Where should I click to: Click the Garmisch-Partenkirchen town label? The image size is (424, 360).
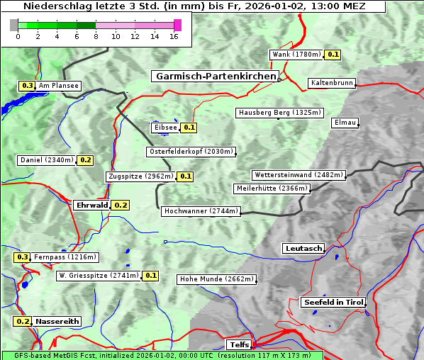(x=214, y=76)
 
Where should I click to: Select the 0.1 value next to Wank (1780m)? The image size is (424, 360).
(x=333, y=55)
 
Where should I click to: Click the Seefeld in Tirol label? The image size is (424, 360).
(x=333, y=302)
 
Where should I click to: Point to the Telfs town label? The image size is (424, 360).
(x=238, y=344)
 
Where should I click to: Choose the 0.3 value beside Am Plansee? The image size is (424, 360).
(x=27, y=86)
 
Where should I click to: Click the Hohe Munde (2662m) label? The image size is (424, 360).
(x=216, y=279)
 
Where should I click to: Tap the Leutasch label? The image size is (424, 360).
(x=303, y=248)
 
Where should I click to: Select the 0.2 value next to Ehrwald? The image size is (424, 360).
(x=121, y=205)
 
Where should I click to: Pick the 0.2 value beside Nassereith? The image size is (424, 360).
(x=22, y=321)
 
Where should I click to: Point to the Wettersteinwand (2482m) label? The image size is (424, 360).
(x=299, y=175)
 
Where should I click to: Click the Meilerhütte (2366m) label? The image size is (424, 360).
(x=272, y=189)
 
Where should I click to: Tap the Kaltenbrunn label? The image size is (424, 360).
(x=331, y=83)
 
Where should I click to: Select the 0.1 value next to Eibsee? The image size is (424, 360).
(x=189, y=128)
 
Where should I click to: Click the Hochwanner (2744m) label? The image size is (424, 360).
(x=201, y=211)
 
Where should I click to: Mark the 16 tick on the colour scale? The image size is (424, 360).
(x=174, y=37)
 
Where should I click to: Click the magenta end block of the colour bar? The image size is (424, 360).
(x=177, y=25)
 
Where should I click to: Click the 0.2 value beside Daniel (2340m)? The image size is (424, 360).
(x=85, y=160)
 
